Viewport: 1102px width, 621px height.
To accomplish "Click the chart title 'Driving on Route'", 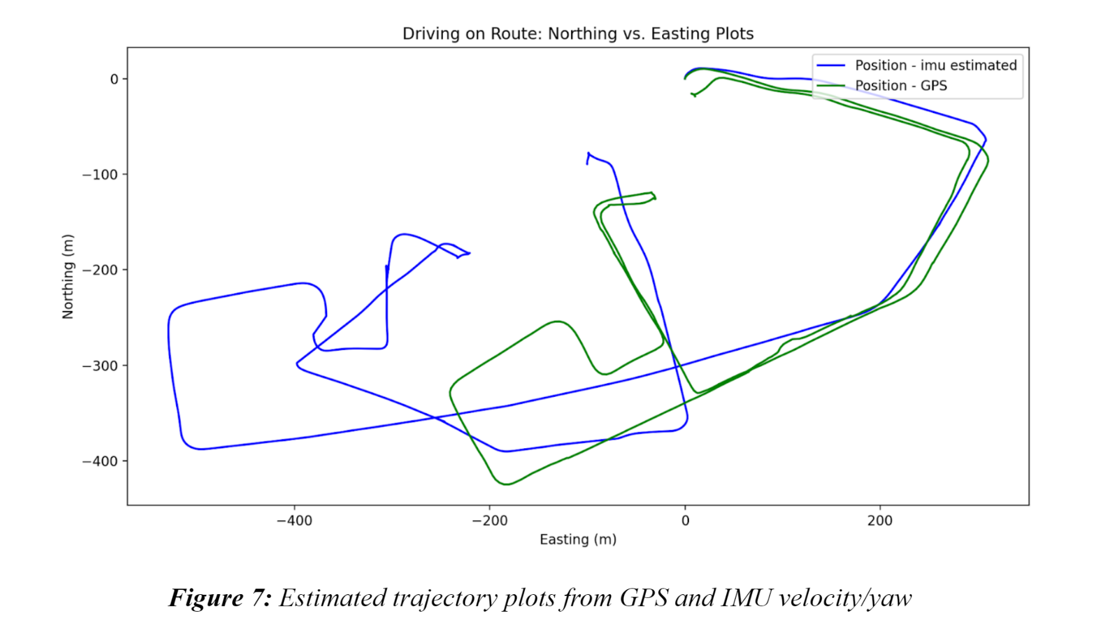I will (577, 34).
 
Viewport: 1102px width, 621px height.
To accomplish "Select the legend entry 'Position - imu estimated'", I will (935, 66).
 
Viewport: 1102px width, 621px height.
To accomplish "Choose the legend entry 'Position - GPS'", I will (900, 86).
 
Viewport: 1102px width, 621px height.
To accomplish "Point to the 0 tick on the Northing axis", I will (114, 79).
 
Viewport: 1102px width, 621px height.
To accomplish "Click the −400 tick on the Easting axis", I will (294, 521).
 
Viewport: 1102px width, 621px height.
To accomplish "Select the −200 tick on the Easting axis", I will (489, 521).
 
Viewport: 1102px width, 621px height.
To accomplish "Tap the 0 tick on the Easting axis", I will (685, 521).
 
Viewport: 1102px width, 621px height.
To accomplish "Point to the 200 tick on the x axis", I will (880, 521).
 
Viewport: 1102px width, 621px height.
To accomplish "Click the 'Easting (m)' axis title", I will (578, 539).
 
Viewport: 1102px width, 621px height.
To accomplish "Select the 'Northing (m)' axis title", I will (68, 276).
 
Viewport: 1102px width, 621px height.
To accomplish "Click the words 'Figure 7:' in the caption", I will (220, 598).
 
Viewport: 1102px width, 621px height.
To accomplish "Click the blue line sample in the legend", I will (831, 66).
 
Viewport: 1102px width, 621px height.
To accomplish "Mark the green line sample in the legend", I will (831, 86).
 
